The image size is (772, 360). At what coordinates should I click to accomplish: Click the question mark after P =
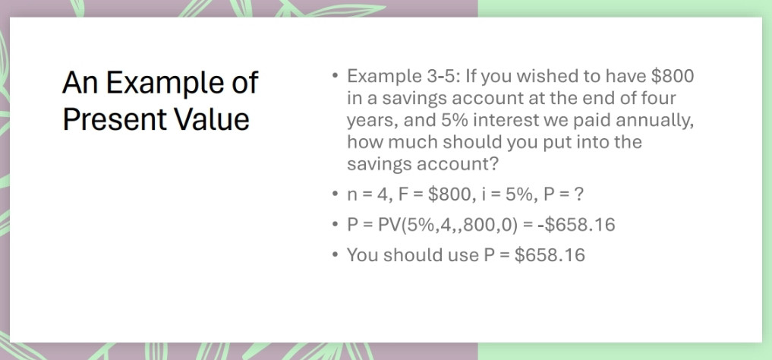578,194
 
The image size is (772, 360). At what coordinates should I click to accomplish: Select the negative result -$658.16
575,225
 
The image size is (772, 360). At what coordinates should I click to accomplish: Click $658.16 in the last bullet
550,255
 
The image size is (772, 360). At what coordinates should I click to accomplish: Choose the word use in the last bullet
461,255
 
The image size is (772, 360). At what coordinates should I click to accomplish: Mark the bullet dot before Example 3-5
334,77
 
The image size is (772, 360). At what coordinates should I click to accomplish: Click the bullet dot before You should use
334,255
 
